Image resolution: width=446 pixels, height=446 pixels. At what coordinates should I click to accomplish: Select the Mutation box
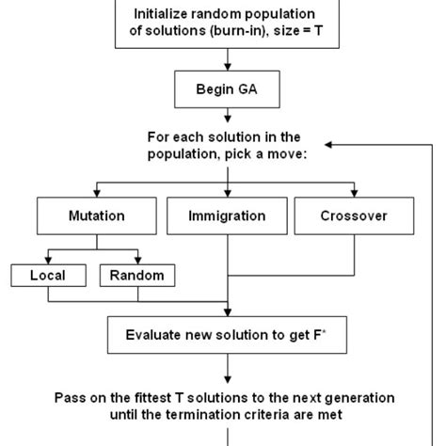(x=96, y=215)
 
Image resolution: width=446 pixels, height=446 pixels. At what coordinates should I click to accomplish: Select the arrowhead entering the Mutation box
(x=96, y=194)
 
